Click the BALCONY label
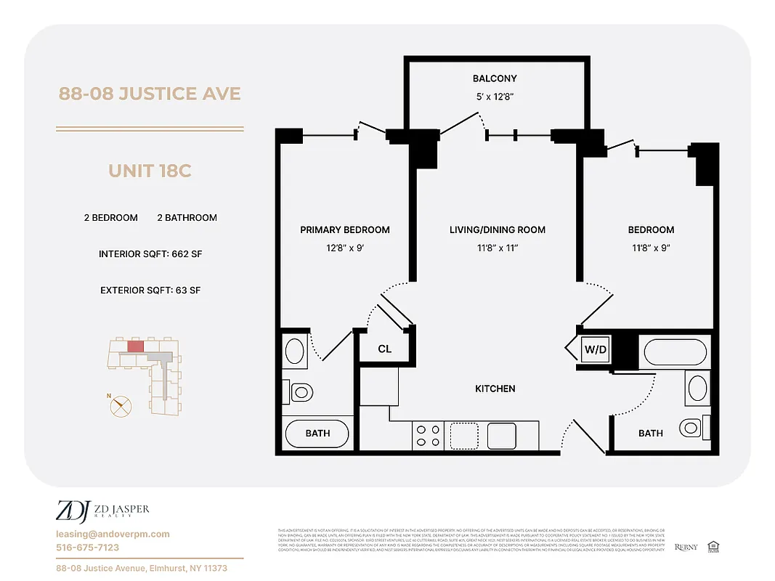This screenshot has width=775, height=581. (495, 78)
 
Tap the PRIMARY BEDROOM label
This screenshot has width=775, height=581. (344, 229)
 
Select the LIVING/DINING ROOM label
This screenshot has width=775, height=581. (497, 229)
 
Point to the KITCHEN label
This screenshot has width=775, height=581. (495, 389)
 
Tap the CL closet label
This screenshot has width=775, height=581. (384, 349)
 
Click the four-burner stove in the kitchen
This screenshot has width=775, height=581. (427, 436)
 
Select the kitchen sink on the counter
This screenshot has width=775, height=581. (501, 436)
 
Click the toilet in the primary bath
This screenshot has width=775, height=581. (300, 393)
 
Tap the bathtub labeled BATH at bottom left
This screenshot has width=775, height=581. (317, 434)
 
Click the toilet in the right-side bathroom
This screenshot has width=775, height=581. (691, 426)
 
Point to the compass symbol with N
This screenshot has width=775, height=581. (121, 405)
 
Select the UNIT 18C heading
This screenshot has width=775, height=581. (150, 171)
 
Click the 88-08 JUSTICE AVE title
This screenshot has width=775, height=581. (150, 94)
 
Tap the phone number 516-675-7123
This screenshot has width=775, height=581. (88, 548)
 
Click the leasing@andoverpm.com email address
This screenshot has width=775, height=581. (113, 534)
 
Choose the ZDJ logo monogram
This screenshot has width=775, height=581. (72, 511)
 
